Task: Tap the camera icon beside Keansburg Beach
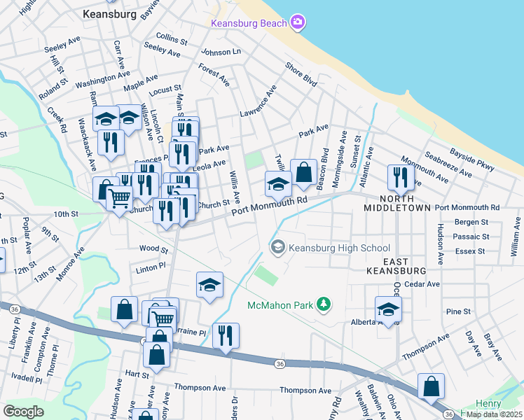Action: (x=298, y=22)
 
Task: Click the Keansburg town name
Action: (x=109, y=13)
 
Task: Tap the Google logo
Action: (x=23, y=412)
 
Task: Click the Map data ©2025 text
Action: (x=494, y=414)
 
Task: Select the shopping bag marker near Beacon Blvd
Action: (x=303, y=173)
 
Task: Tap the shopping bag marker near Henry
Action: (x=432, y=387)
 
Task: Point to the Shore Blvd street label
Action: (x=301, y=76)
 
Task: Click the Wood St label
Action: (x=154, y=248)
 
